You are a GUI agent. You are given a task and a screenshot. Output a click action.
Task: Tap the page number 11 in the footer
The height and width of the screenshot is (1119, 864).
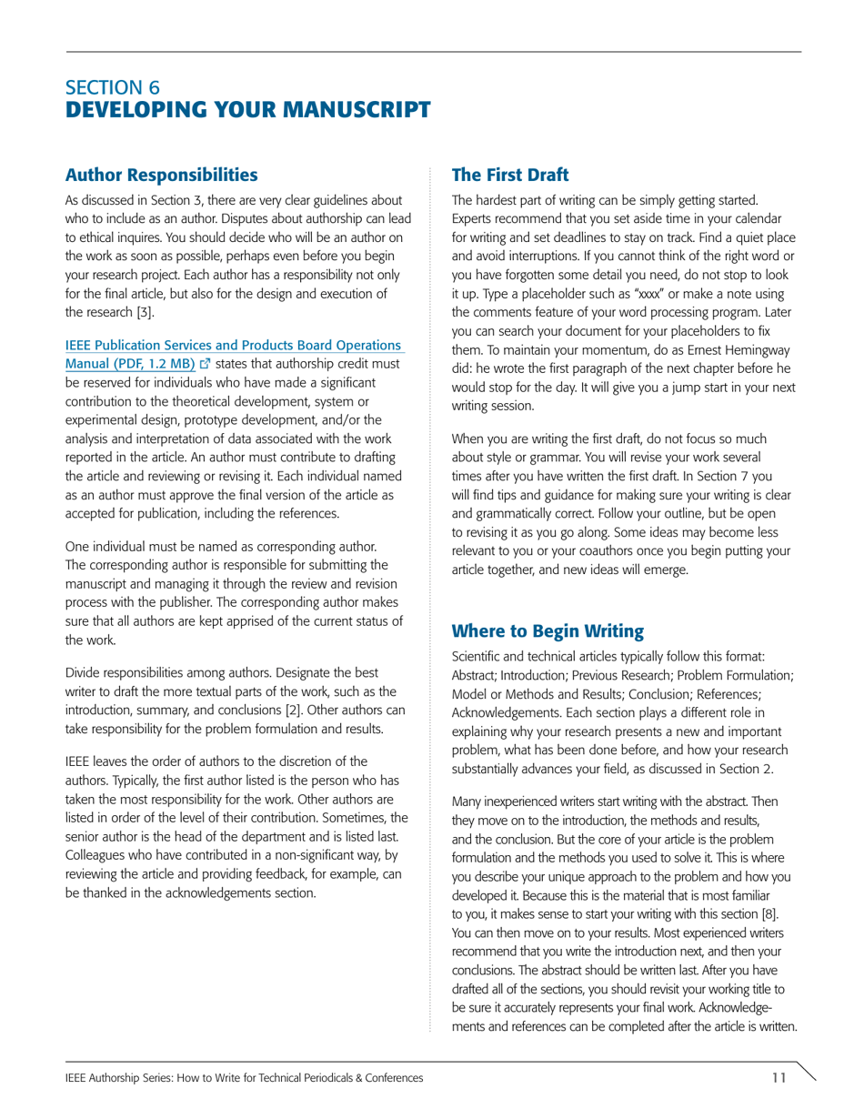[x=778, y=1078]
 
